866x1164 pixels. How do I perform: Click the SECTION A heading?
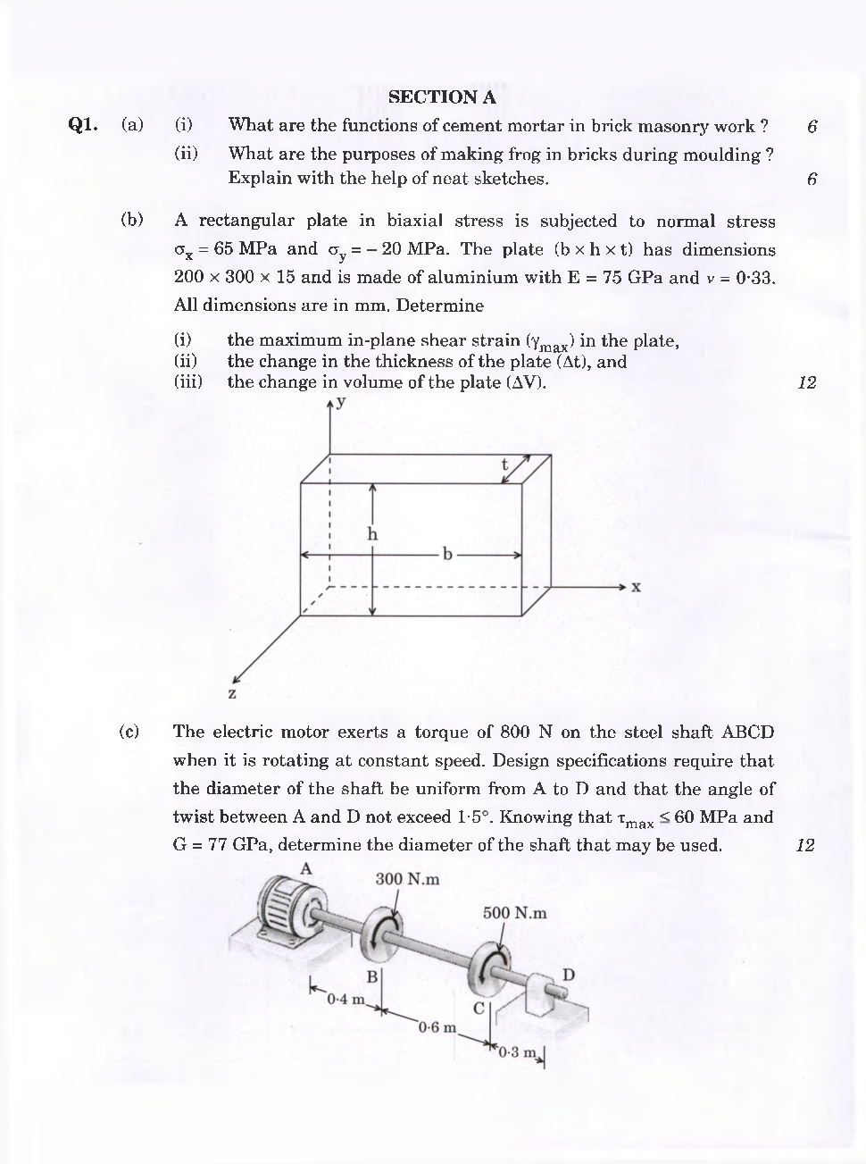[x=442, y=97]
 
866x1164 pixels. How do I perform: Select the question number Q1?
[x=83, y=126]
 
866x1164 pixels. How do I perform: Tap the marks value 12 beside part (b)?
[x=806, y=383]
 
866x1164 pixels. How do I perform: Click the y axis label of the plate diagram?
[x=342, y=403]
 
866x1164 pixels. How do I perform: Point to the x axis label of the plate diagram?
[x=636, y=588]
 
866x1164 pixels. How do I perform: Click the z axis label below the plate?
[x=232, y=693]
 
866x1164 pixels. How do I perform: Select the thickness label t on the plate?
[x=504, y=465]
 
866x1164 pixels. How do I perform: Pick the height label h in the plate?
[x=372, y=534]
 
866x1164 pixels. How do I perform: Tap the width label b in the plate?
[x=448, y=555]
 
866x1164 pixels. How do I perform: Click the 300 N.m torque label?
[x=407, y=879]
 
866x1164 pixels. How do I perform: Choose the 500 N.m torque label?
[x=514, y=913]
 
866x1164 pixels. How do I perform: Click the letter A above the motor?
[x=306, y=868]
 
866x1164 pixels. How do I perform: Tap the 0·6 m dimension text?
[x=437, y=1026]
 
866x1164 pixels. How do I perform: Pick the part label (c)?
[x=129, y=732]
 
